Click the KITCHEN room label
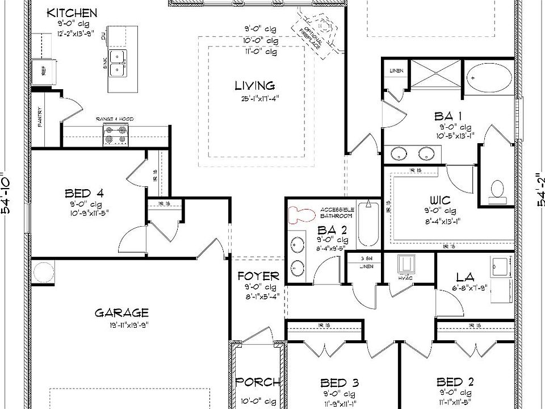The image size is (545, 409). tap(72, 13)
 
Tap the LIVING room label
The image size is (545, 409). tap(255, 86)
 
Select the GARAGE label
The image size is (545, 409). tap(121, 312)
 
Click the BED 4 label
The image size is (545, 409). tap(84, 194)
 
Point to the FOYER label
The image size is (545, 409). tap(258, 277)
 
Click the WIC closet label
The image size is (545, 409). tap(440, 200)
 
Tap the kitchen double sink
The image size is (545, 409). tap(119, 62)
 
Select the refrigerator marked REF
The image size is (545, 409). tap(43, 71)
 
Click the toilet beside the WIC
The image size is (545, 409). tap(497, 191)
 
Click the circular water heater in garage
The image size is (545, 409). tap(43, 271)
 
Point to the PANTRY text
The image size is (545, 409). tap(41, 118)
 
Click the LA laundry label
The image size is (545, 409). tap(465, 277)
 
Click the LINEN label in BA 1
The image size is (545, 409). tap(396, 70)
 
